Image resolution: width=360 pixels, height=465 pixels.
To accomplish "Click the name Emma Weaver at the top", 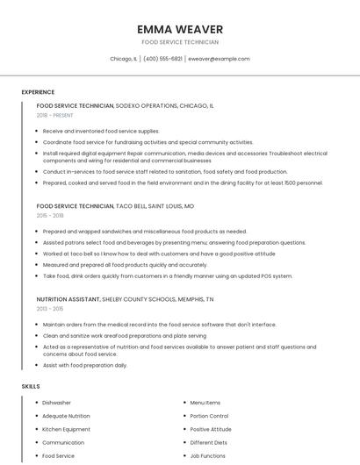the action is click(180, 29).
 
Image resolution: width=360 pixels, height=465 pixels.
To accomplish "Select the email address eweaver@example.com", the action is click(219, 59).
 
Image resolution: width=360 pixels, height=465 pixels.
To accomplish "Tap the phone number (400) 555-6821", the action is click(162, 59).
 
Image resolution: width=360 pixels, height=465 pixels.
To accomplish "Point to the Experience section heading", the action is click(38, 92).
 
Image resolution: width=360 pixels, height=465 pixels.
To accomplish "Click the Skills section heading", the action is click(30, 386).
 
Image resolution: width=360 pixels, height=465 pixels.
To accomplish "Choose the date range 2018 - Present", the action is click(54, 115).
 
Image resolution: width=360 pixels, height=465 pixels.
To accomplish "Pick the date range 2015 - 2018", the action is click(50, 215).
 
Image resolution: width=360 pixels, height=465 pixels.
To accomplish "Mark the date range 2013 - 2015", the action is click(50, 309).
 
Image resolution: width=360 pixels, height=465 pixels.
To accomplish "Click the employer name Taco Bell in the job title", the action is click(131, 205).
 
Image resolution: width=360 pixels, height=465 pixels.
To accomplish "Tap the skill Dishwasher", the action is click(57, 403).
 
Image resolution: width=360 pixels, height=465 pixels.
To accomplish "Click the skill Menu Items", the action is click(205, 403).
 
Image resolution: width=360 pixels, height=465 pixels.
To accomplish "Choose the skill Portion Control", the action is click(209, 416).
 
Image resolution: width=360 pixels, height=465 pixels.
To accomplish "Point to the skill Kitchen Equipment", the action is click(66, 429).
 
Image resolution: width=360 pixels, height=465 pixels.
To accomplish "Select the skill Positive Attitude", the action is click(211, 429).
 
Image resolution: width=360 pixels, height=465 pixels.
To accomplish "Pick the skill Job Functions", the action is click(208, 456).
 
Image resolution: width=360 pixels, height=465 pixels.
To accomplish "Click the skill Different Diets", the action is click(208, 443).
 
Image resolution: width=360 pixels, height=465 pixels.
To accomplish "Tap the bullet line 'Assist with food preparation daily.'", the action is click(85, 365).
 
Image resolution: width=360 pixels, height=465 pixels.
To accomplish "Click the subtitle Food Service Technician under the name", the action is click(180, 42).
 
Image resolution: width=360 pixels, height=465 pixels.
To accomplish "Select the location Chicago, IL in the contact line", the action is click(123, 59).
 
